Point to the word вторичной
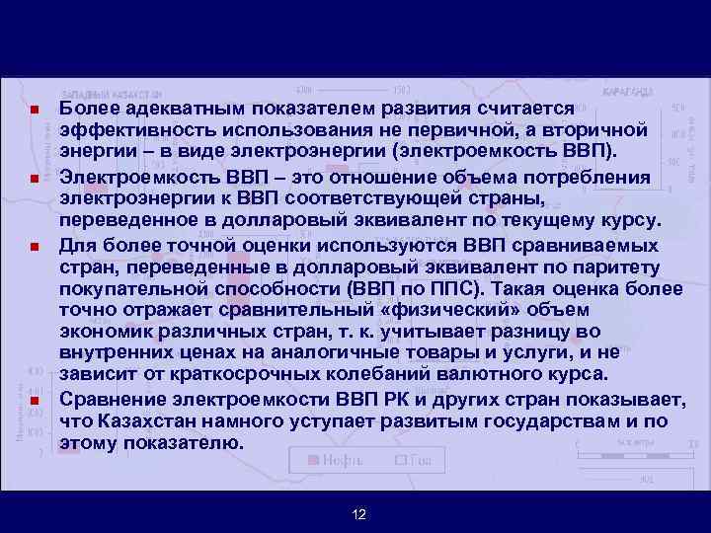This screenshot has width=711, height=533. [x=591, y=131]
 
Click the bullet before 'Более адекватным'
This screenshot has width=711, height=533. [x=34, y=110]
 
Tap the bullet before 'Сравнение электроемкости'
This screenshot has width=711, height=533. [x=34, y=401]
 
